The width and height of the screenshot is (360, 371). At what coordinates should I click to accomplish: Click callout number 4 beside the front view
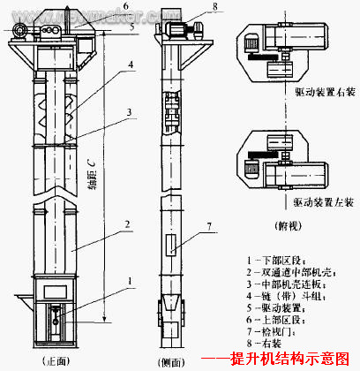pos(129,64)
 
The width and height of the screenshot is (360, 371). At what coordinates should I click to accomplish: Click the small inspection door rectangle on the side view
pos(173,243)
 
